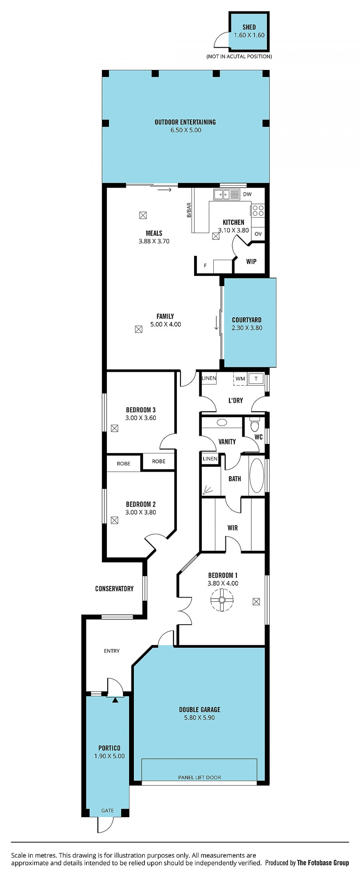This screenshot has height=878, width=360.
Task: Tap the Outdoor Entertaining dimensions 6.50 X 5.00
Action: click(186, 130)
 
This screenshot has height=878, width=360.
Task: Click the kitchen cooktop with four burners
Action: click(258, 210)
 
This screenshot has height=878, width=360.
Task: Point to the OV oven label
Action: click(258, 234)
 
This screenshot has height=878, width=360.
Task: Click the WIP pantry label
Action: click(251, 261)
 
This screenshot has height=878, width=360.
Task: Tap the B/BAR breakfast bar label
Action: click(189, 210)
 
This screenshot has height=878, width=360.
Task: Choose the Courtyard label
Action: click(247, 320)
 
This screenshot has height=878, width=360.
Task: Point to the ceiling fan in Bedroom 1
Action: click(222, 600)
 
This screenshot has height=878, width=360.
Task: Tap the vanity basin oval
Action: click(222, 423)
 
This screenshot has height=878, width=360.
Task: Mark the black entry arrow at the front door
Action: click(115, 700)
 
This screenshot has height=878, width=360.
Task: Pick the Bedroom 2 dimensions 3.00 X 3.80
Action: click(141, 512)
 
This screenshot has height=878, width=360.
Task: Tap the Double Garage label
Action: click(199, 710)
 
